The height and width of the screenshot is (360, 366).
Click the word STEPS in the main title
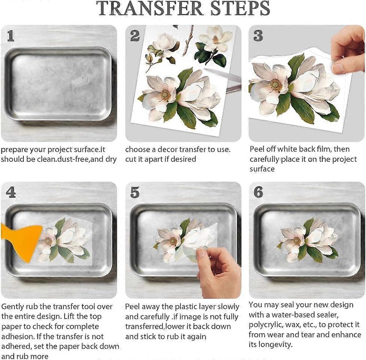240,9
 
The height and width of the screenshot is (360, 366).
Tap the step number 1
10,36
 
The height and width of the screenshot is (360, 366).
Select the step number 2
135,36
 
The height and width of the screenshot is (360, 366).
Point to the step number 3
258,36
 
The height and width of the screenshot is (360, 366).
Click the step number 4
11,192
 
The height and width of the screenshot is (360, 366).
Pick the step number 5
135,192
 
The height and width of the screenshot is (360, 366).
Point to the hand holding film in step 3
348,50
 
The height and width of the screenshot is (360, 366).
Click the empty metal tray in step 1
58,84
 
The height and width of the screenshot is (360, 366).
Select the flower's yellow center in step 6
297,240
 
